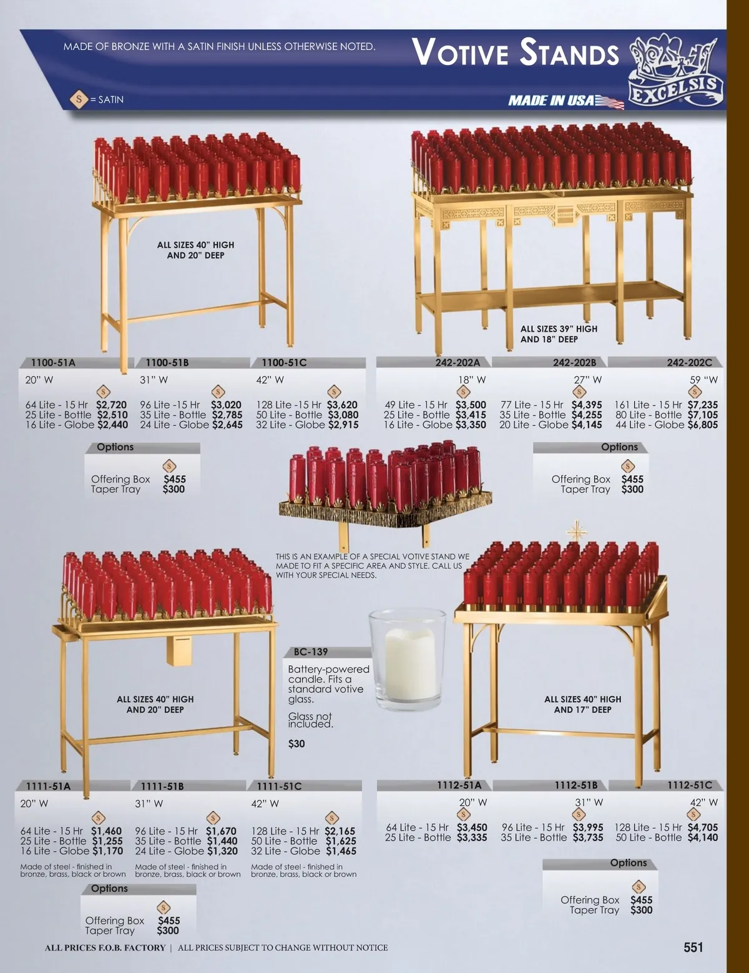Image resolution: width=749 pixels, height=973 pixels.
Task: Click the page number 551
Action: tap(693, 947)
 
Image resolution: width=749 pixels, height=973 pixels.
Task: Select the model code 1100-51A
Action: tap(53, 363)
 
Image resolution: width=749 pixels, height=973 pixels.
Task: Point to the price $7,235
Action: tap(702, 405)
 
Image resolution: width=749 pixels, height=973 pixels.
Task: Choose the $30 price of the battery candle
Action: tap(296, 744)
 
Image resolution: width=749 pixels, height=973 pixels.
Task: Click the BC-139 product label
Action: tap(310, 652)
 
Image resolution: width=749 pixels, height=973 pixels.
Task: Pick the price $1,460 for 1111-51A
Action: tap(107, 831)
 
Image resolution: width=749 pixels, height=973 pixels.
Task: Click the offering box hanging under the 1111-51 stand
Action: tap(179, 651)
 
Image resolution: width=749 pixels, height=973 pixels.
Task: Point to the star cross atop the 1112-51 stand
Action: tap(576, 531)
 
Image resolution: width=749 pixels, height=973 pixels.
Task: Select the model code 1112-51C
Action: tap(690, 785)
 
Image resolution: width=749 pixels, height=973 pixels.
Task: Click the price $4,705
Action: tap(702, 827)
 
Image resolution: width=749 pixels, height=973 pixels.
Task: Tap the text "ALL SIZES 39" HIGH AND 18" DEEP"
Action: tap(559, 334)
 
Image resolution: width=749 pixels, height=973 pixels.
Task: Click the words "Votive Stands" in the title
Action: tap(515, 53)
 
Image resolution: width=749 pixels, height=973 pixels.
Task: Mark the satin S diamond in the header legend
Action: tap(79, 99)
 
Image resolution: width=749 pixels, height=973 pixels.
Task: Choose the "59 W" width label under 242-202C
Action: tap(703, 380)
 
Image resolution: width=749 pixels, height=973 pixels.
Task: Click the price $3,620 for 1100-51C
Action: tap(342, 405)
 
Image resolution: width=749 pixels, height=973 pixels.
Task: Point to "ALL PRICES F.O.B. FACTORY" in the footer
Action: tap(105, 947)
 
